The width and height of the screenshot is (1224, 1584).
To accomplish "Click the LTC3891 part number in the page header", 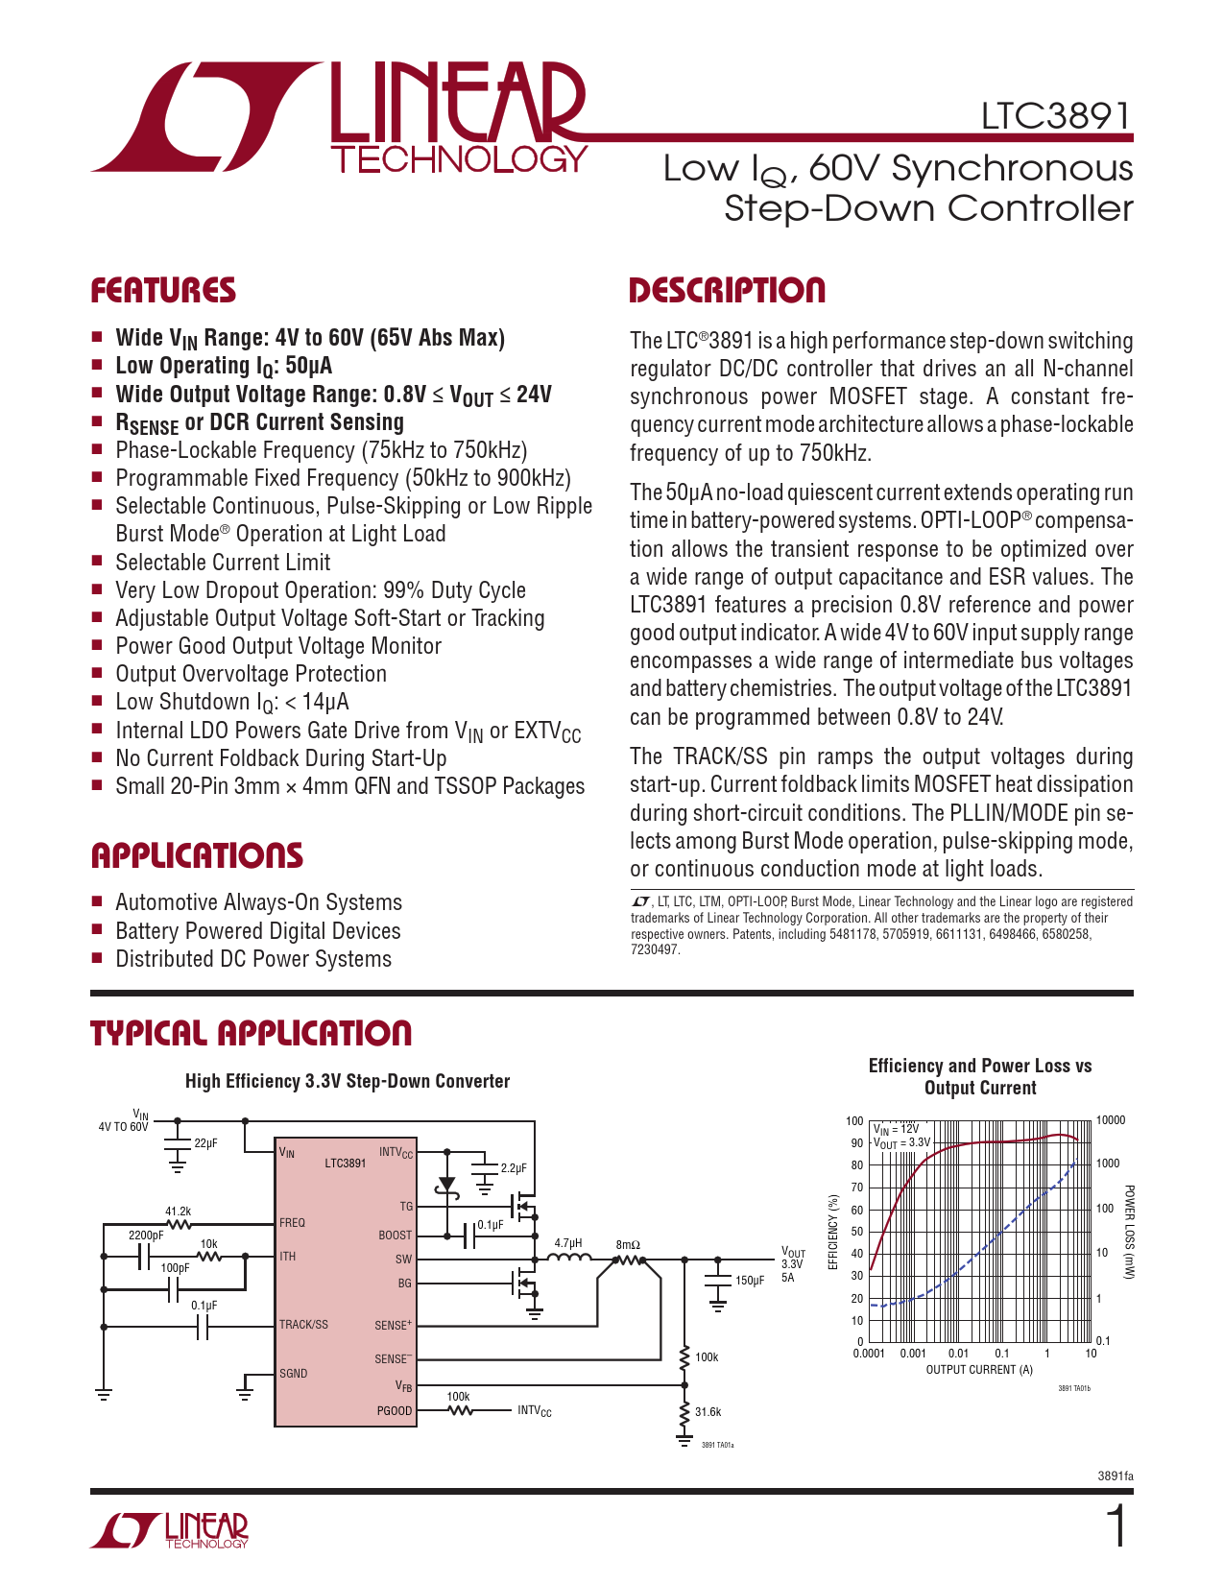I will tap(1055, 117).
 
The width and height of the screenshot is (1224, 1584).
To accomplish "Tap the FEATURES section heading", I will tap(163, 291).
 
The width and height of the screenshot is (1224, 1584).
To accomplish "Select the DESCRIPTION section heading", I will tap(727, 291).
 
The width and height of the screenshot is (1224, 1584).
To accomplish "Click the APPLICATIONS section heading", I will tap(197, 855).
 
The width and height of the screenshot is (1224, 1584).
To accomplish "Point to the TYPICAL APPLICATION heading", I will tap(251, 1034).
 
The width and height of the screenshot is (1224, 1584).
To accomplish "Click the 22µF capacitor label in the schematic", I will tap(205, 1143).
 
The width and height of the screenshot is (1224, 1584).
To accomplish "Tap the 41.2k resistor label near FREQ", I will tap(178, 1212).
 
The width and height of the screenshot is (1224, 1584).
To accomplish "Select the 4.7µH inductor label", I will tap(568, 1243).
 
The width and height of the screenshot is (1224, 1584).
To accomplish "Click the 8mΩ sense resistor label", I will tap(628, 1245).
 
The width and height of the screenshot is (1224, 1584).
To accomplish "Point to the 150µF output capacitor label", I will tap(750, 1281).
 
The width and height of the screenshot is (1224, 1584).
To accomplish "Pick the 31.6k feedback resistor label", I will tap(708, 1412).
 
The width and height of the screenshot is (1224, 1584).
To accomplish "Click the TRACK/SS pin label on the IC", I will tap(303, 1325).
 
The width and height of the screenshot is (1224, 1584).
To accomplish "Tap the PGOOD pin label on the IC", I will tap(394, 1411).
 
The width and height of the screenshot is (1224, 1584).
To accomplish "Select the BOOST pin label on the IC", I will tap(395, 1236).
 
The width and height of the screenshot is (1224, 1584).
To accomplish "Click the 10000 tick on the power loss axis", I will tap(1111, 1120).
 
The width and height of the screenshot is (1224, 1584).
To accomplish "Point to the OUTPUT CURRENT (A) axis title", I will tap(979, 1370).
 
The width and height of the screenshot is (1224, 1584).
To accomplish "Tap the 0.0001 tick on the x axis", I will tap(869, 1354).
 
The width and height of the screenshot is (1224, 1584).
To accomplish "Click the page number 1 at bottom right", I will tap(1116, 1527).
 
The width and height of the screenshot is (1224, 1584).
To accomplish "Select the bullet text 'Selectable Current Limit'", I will tap(223, 563).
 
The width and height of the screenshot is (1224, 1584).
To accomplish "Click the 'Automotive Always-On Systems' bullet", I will tap(258, 902).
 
